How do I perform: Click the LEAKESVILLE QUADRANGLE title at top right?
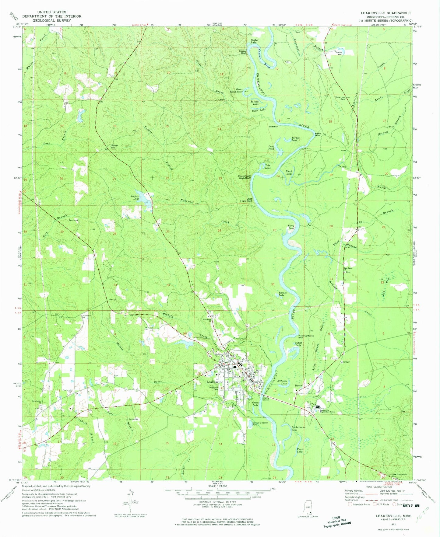click(x=385, y=13)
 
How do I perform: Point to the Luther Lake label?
click(x=135, y=197)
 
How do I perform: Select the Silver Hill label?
click(x=114, y=146)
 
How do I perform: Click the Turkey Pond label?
click(x=295, y=139)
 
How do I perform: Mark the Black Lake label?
click(x=289, y=173)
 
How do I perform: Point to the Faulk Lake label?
click(x=300, y=451)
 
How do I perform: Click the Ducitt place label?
click(x=298, y=386)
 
